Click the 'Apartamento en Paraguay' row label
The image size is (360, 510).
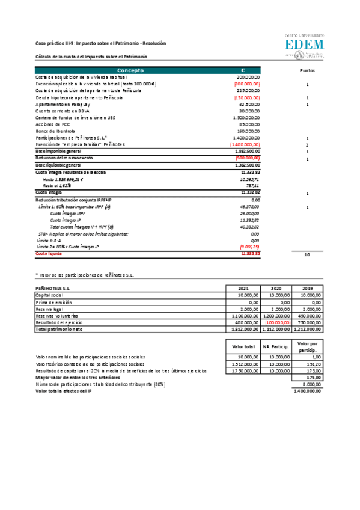coord(59,104)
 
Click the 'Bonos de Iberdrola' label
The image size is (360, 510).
coord(55,131)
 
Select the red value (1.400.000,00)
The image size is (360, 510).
coord(245,144)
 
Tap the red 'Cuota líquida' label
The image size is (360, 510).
coord(49,254)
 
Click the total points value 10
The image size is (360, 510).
coord(307,255)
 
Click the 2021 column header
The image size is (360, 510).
coord(243,289)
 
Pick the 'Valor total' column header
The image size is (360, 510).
coord(243,346)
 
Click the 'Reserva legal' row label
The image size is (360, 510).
coord(50,309)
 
